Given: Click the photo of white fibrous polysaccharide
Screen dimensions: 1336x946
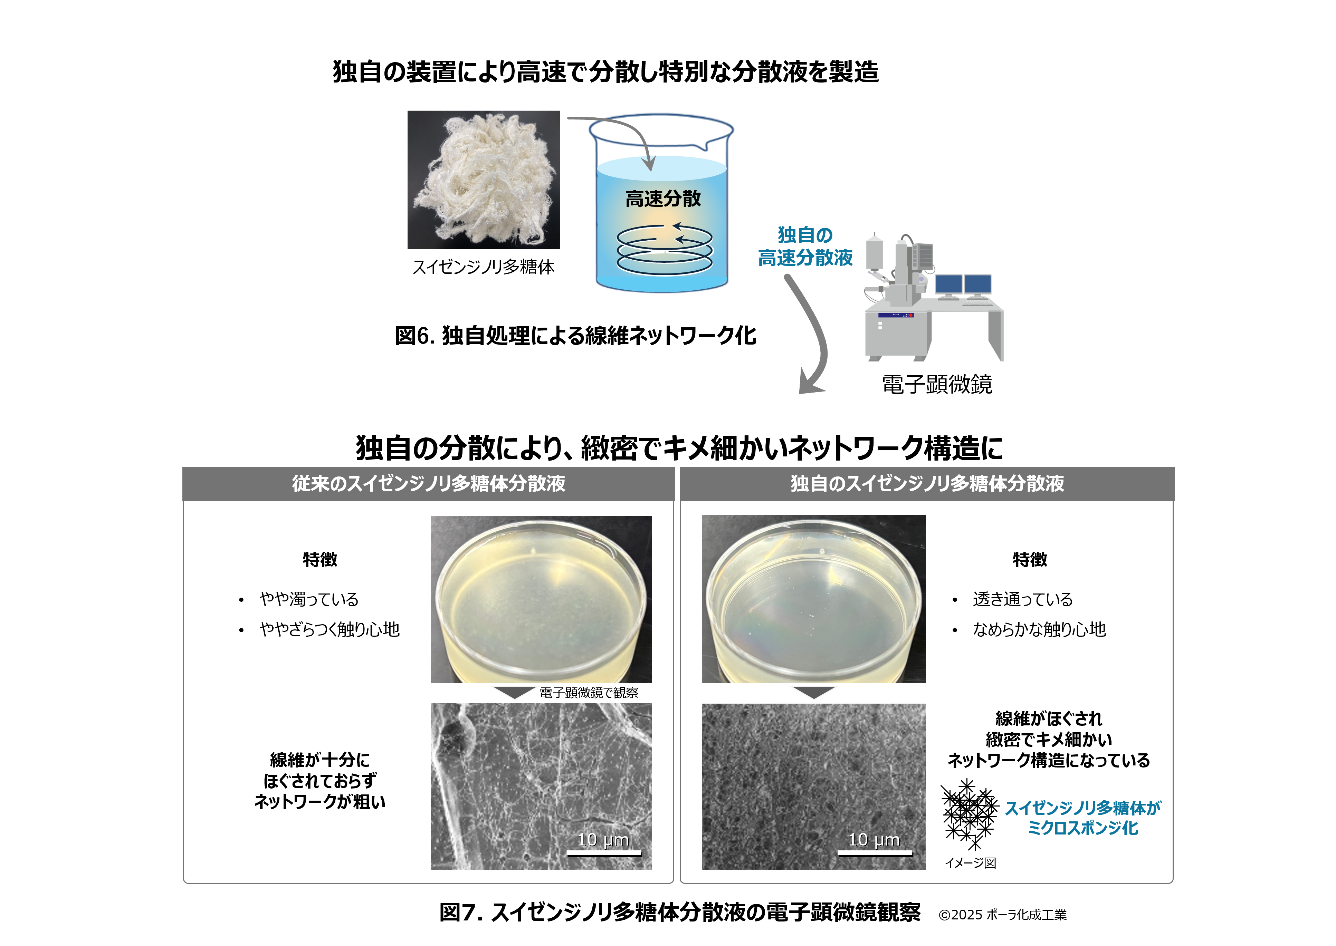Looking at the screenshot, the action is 484,180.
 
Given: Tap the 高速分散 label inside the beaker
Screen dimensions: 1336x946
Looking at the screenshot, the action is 663,199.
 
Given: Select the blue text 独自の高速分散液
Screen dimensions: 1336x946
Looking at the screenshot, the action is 805,246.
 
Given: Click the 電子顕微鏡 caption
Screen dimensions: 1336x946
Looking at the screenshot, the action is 937,385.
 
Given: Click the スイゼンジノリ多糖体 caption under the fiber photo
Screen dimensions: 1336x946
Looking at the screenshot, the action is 484,267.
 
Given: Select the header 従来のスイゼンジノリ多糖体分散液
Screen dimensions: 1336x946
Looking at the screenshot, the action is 428,483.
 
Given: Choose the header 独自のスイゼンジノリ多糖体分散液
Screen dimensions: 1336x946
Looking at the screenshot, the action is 927,483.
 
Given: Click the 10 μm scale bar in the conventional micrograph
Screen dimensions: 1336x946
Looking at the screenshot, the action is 604,853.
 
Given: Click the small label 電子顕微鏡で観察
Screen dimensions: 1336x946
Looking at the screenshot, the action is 589,693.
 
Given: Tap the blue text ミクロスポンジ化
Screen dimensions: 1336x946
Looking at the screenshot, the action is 1082,828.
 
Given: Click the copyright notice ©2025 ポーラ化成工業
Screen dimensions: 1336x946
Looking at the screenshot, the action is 1002,915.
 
